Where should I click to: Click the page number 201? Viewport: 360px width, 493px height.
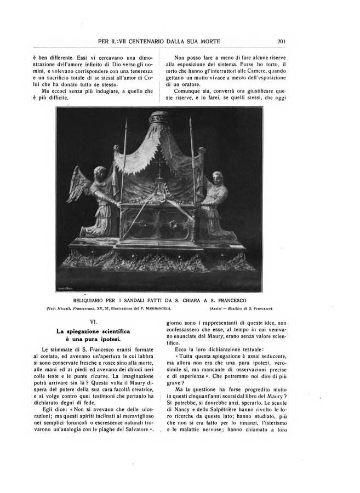coord(283,40)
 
